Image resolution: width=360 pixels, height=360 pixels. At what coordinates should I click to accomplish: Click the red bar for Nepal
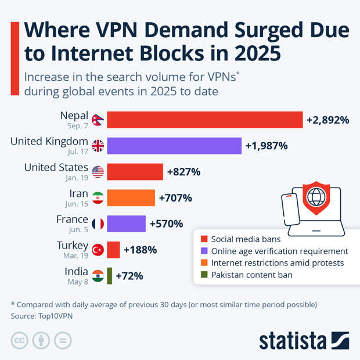(205, 120)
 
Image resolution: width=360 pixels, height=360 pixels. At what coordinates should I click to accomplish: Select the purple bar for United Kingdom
(174, 146)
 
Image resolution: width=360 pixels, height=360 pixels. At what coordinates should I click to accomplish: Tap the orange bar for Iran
(131, 198)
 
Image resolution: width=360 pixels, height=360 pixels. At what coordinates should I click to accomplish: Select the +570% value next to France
(166, 224)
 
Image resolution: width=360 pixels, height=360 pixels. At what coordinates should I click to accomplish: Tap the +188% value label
(140, 250)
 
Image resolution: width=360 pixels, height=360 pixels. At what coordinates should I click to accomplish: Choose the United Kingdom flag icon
(98, 146)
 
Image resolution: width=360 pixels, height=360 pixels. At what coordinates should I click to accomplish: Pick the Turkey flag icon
(98, 250)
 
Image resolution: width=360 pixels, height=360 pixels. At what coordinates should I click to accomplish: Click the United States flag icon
(98, 172)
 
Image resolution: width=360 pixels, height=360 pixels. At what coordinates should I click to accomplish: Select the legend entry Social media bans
(237, 239)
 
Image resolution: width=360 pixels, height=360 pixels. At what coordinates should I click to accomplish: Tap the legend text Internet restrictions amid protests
(278, 263)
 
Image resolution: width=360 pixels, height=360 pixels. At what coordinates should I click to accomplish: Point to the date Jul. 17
(77, 152)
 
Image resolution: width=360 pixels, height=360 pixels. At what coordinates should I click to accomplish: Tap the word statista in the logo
(293, 340)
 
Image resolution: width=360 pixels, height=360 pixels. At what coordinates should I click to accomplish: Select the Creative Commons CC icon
(19, 341)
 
